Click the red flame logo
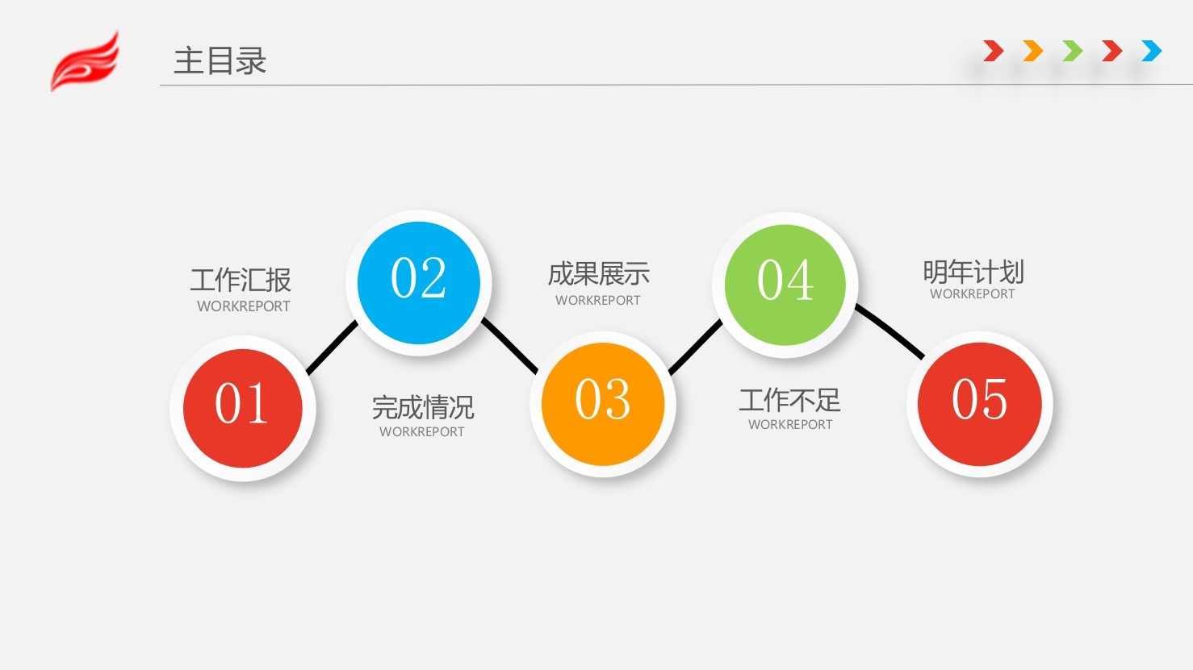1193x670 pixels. [86, 62]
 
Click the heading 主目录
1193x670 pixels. [220, 60]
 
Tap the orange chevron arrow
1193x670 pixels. [1032, 51]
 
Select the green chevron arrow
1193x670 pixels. [1072, 51]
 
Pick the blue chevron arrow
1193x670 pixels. [1152, 51]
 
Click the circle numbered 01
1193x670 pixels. [243, 409]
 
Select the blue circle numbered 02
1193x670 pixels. [419, 282]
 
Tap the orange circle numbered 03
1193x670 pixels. [603, 404]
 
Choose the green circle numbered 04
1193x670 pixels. [785, 285]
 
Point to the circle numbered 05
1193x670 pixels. [979, 404]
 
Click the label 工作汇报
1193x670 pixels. [241, 280]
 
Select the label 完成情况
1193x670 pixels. [423, 407]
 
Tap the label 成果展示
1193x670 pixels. [599, 274]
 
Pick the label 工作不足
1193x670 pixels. [790, 400]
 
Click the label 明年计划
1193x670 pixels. [973, 272]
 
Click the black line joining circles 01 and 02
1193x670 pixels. [332, 347]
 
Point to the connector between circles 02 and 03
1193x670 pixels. [509, 345]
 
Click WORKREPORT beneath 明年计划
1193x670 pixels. [973, 293]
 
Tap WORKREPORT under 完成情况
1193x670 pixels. [422, 431]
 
